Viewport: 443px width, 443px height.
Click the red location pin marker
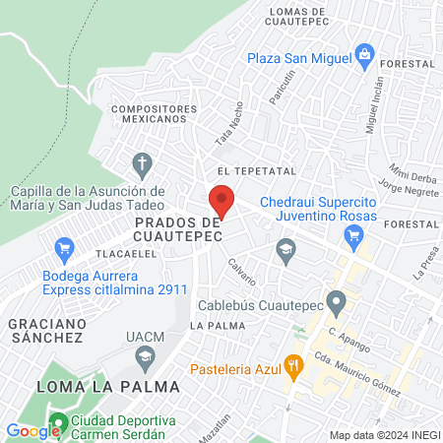coord(221,201)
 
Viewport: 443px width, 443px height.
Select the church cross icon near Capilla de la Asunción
coord(143,161)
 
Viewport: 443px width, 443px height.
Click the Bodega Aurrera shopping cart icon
coord(66,247)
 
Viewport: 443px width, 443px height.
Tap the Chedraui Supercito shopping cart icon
coord(353,234)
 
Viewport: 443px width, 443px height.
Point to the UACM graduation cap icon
coord(145,354)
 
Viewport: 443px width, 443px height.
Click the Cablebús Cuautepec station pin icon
coord(337,301)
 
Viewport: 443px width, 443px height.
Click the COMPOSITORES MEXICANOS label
coord(149,113)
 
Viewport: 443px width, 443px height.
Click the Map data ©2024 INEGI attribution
coord(382,434)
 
